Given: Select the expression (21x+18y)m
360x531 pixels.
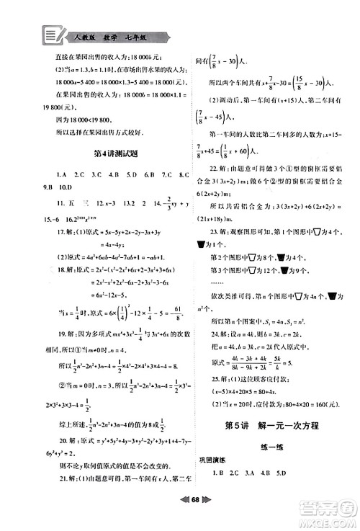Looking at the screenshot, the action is click(x=219, y=218).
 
